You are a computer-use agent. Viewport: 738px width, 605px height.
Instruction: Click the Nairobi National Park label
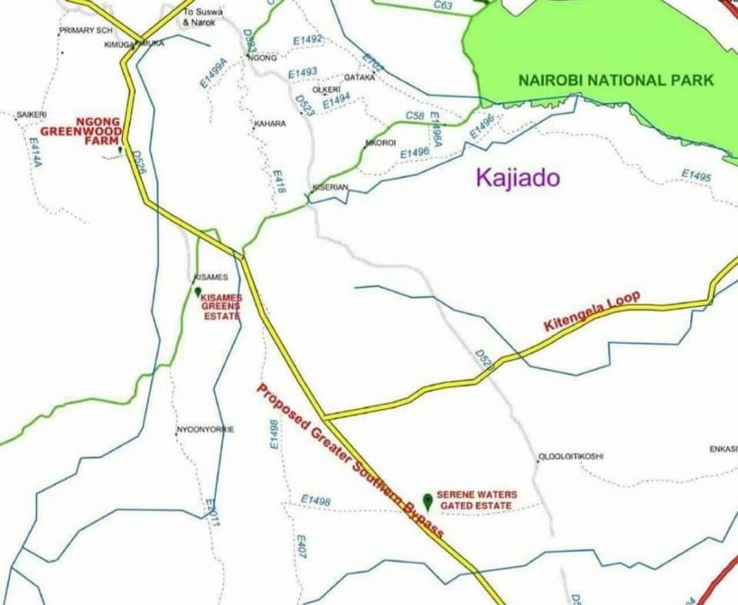pos(615,80)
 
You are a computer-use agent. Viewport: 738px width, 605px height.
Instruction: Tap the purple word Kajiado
pos(518,178)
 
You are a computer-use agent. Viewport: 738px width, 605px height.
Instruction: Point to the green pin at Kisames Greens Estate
pos(198,292)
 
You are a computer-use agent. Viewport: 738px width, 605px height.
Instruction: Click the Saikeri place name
pos(32,115)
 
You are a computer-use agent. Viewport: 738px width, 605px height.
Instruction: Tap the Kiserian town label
pos(330,187)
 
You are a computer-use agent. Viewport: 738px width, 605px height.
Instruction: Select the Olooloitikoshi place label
pos(570,456)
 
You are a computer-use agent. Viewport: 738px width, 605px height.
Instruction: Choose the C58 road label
pos(415,116)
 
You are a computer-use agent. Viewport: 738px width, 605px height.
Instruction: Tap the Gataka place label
pos(360,77)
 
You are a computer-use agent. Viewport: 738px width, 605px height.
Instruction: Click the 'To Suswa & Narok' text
pos(199,17)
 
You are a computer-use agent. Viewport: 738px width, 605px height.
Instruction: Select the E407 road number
pos(301,547)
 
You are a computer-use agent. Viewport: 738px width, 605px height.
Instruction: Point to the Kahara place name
pos(270,124)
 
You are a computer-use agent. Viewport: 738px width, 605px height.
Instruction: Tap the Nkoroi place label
pos(382,142)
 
